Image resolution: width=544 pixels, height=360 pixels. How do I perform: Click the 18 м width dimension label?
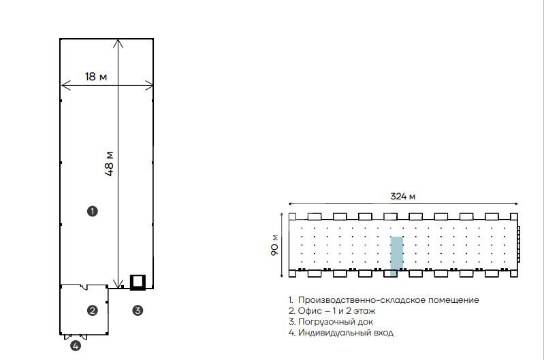(96, 76)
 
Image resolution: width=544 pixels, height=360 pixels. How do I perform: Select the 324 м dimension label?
(403, 196)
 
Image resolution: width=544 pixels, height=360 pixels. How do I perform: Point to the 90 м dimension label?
(274, 245)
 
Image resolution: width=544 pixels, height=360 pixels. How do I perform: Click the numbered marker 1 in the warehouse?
(93, 211)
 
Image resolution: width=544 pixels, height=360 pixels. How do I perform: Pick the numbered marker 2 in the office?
(93, 310)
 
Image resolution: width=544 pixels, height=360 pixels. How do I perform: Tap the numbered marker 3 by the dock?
(138, 310)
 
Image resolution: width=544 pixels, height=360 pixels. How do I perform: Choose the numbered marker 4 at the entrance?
(76, 346)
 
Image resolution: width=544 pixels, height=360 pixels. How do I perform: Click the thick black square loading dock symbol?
(138, 282)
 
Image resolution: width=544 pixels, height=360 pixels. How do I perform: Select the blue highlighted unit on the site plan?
(397, 256)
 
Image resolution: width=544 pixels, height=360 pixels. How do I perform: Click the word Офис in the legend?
(310, 311)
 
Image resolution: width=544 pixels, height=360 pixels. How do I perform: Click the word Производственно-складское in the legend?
(362, 299)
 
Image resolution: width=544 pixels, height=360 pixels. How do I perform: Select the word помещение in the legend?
(453, 299)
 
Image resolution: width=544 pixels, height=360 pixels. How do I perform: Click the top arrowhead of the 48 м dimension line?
(118, 41)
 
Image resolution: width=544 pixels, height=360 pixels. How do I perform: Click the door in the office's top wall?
(84, 287)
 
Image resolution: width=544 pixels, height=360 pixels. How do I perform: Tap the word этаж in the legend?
(365, 311)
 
